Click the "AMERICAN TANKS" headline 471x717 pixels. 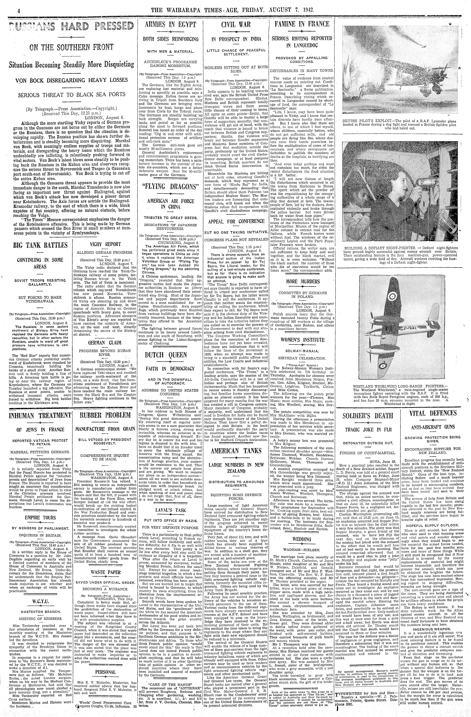click(236, 451)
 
